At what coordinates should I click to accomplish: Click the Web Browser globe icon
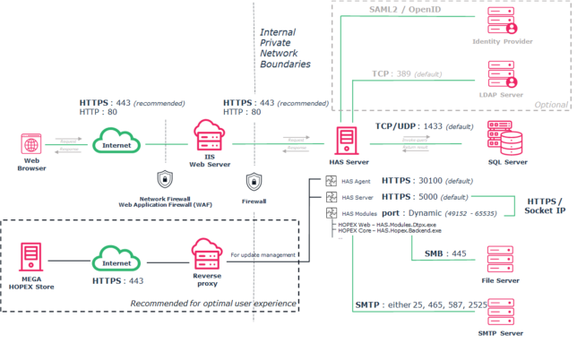point(30,143)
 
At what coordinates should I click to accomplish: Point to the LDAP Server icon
point(500,73)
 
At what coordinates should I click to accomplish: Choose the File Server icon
point(501,265)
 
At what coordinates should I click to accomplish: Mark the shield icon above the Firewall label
point(254,179)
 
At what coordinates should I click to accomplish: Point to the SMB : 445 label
point(444,253)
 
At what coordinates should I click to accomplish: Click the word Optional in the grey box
point(550,104)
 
